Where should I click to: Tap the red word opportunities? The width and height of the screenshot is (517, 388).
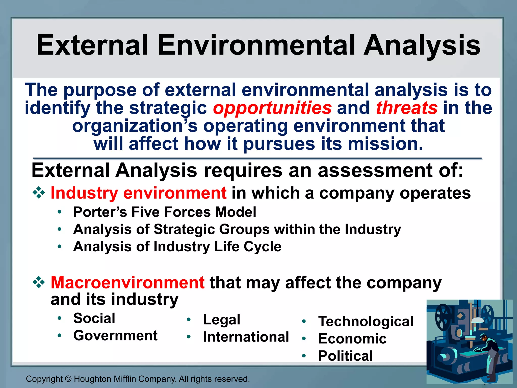(272, 108)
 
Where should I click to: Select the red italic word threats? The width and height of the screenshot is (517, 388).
(406, 108)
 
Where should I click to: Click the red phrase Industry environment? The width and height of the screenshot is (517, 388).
(138, 193)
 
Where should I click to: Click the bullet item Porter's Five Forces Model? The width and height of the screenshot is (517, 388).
(165, 212)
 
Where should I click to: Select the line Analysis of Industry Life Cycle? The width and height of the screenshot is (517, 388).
(177, 247)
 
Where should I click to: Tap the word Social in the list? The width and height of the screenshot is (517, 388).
(94, 318)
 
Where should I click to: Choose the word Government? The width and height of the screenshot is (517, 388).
(115, 336)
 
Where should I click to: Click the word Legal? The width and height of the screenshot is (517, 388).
(222, 320)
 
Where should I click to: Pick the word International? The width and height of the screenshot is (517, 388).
(246, 337)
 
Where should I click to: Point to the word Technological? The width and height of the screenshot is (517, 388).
(366, 322)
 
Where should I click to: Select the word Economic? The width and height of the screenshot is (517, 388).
(352, 339)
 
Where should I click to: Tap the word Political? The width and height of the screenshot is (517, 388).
(345, 356)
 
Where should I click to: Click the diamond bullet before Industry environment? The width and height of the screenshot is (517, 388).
(39, 193)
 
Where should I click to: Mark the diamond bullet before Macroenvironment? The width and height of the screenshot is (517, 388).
(39, 282)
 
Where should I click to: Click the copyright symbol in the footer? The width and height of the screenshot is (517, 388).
(68, 379)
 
